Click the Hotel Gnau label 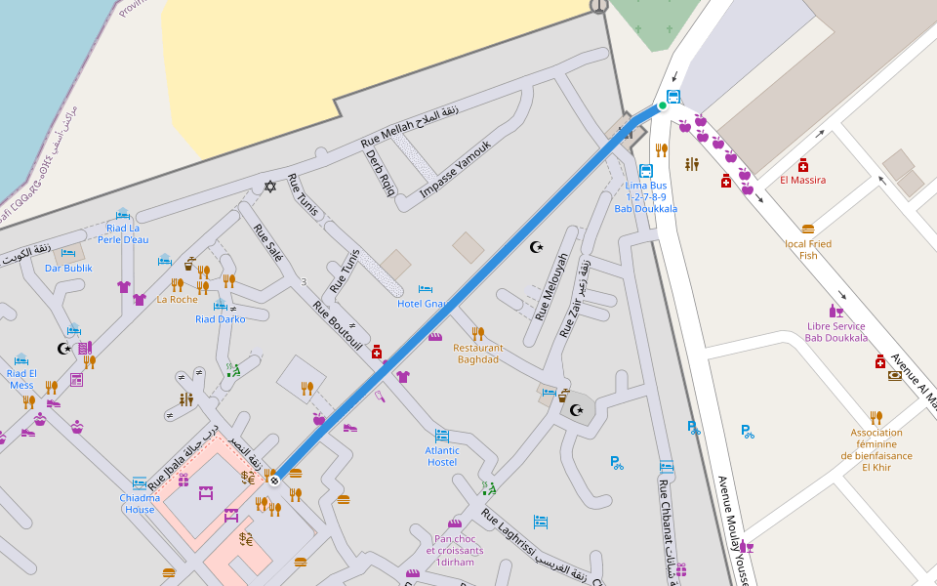pyautogui.click(x=422, y=304)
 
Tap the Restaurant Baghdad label pyautogui.click(x=478, y=354)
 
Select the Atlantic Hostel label pyautogui.click(x=442, y=456)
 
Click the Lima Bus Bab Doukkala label pyautogui.click(x=645, y=196)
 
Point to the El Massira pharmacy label pyautogui.click(x=802, y=180)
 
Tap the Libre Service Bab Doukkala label pyautogui.click(x=835, y=332)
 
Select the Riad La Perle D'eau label pyautogui.click(x=123, y=233)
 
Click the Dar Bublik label pyautogui.click(x=68, y=268)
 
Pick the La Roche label pyautogui.click(x=177, y=299)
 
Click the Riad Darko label pyautogui.click(x=220, y=318)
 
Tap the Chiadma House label pyautogui.click(x=139, y=503)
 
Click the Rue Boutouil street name pyautogui.click(x=338, y=325)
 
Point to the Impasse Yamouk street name pyautogui.click(x=455, y=170)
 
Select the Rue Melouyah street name pyautogui.click(x=551, y=287)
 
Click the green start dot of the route pyautogui.click(x=662, y=105)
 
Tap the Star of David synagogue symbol pyautogui.click(x=270, y=187)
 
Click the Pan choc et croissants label pyautogui.click(x=454, y=550)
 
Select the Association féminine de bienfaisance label pyautogui.click(x=876, y=449)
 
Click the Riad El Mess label pyautogui.click(x=21, y=378)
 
